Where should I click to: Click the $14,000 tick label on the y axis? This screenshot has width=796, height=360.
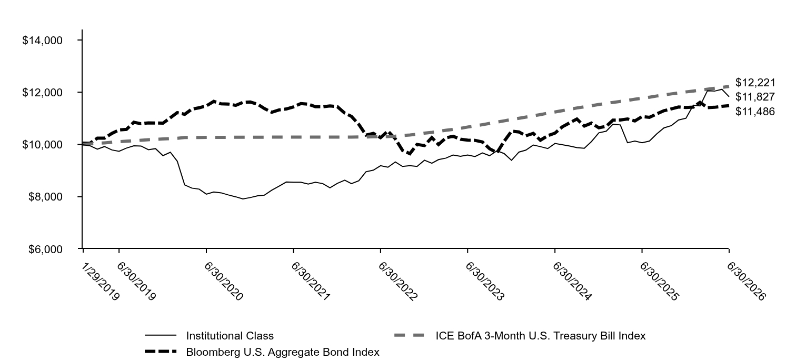(x=42, y=41)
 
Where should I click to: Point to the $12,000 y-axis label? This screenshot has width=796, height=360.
(x=42, y=93)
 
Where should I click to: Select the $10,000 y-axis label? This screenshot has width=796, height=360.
(x=42, y=145)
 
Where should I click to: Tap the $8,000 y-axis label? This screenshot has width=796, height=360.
(x=45, y=197)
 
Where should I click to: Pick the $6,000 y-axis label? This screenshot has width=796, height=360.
(x=45, y=249)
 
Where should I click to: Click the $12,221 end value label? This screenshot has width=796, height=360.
(x=755, y=83)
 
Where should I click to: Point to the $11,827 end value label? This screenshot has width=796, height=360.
(x=755, y=97)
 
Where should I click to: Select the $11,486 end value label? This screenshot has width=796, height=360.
(x=755, y=112)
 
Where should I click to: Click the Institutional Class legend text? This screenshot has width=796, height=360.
(x=230, y=336)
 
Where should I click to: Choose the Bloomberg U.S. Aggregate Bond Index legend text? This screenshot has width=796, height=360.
(x=283, y=352)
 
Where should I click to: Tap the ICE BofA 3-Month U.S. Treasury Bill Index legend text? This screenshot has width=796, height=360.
(x=541, y=336)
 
